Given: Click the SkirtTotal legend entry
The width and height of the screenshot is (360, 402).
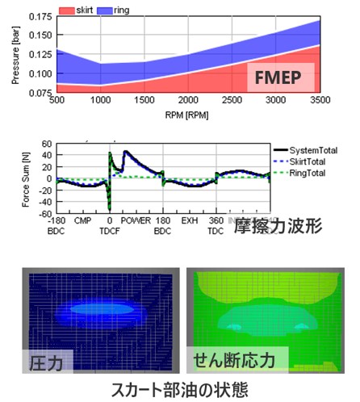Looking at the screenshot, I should (308, 161).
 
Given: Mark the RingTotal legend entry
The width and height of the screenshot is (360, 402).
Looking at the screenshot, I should (308, 173).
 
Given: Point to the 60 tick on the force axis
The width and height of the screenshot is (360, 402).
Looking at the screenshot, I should (46, 144).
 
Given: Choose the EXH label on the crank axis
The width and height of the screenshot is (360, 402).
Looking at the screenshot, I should (190, 220).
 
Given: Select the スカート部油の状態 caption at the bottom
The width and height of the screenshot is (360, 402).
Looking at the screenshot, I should (179, 387).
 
